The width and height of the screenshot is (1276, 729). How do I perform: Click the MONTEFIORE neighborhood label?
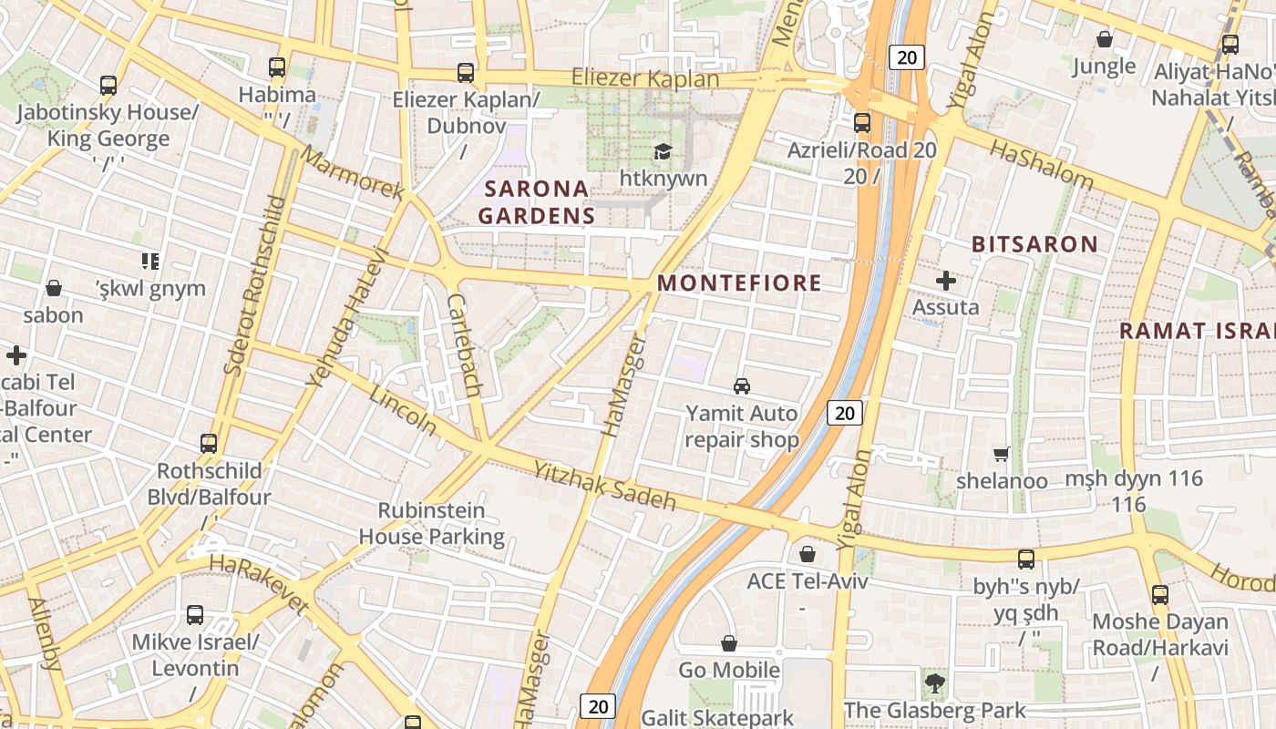click(x=739, y=282)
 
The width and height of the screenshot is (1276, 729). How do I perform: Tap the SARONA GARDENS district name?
click(x=536, y=202)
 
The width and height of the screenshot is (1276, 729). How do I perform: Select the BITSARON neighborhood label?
click(x=1034, y=244)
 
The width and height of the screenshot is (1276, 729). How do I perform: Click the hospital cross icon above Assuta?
click(x=946, y=280)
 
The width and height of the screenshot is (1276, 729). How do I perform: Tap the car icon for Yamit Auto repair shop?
click(x=742, y=386)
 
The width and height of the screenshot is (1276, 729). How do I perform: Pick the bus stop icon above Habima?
click(x=277, y=67)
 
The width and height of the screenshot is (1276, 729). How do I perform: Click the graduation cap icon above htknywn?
click(x=663, y=151)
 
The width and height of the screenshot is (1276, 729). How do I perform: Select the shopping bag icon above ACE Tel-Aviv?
click(x=807, y=554)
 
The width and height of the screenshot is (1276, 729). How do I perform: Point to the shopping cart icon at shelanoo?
click(x=1001, y=454)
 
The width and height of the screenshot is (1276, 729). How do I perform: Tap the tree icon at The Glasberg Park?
click(x=934, y=683)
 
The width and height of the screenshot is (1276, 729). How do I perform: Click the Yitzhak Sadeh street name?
click(x=605, y=486)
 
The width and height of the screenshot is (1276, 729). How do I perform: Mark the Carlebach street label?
click(x=464, y=344)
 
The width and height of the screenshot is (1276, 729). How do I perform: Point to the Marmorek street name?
click(x=352, y=173)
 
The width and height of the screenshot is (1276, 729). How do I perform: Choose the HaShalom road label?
click(x=1041, y=164)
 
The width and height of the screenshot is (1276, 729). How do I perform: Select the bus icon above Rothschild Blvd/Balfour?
click(x=209, y=444)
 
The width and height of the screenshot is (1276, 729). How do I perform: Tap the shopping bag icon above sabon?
click(x=54, y=289)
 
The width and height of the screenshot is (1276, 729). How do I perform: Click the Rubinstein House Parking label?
click(x=431, y=524)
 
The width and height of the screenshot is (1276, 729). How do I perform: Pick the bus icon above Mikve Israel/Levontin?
click(x=195, y=614)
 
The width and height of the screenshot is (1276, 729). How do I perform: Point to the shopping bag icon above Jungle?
click(x=1104, y=39)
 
